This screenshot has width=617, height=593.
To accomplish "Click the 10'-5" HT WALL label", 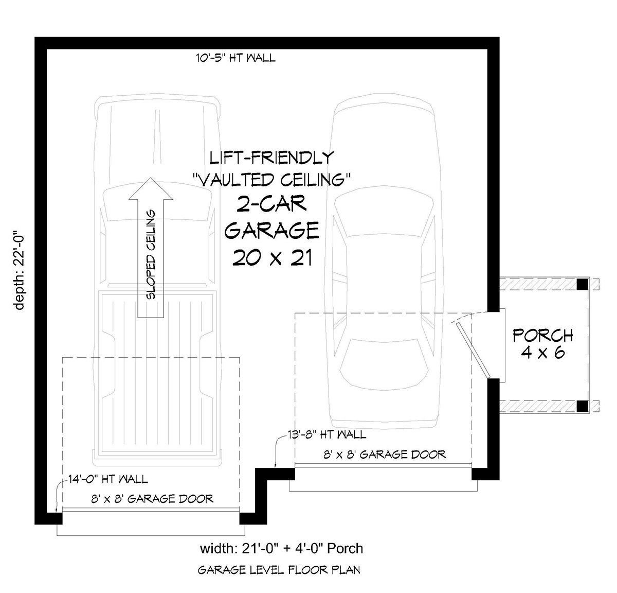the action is (235, 58).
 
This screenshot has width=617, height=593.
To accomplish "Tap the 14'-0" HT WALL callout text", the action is (108, 479).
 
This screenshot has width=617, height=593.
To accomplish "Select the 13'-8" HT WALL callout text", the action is (327, 434).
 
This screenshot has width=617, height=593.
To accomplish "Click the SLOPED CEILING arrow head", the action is (151, 189).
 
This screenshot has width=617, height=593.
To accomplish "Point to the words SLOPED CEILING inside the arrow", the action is (151, 254).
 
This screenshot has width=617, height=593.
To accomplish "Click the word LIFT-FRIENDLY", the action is (271, 158).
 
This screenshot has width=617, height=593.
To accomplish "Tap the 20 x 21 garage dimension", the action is (273, 257).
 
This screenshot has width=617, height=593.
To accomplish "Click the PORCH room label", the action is (543, 336).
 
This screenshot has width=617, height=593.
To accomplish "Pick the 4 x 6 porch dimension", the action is (543, 353).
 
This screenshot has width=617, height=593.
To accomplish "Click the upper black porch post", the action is (583, 284).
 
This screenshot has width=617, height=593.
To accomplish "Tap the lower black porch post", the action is (583, 406).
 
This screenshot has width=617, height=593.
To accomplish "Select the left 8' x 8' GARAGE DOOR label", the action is (152, 499).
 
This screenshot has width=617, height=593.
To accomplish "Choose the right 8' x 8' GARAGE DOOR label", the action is (385, 455).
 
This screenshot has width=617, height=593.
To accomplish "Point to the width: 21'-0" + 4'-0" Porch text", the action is (281, 549).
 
